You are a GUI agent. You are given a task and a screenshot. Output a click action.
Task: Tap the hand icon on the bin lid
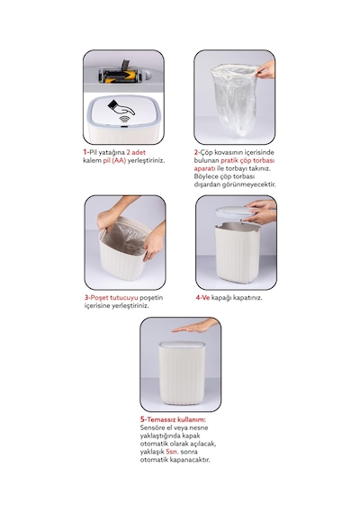121,108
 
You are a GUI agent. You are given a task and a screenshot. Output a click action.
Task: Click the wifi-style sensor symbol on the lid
123,119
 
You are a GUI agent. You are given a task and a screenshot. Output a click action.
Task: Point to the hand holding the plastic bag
265,70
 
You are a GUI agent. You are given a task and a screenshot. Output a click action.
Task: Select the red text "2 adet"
136,152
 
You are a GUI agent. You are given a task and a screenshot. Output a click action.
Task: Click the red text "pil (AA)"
114,160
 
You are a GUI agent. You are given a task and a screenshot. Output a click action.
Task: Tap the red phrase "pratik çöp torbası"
247,160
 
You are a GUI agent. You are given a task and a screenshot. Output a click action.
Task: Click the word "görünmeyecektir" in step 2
248,184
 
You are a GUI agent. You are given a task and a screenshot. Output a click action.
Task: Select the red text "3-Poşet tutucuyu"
112,298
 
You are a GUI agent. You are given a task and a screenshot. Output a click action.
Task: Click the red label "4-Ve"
202,298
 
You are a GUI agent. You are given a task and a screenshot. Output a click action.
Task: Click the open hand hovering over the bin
195,326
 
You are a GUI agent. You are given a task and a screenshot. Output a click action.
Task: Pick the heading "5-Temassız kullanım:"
173,419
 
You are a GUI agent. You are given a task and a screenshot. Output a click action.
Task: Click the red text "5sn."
172,452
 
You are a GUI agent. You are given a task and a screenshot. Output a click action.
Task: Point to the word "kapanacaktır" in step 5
190,460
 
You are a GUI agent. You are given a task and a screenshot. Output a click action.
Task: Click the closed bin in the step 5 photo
182,373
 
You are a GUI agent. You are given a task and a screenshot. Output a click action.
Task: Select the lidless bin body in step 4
238,252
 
